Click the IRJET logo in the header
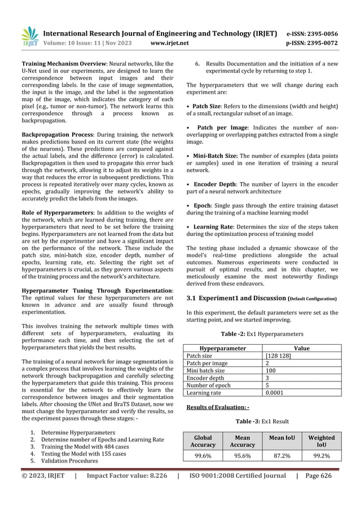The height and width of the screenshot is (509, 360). [29, 37]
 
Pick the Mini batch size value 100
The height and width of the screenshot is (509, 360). [271, 371]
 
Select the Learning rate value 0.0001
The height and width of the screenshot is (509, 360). [274, 393]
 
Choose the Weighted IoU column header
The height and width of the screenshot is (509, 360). [321, 441]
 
